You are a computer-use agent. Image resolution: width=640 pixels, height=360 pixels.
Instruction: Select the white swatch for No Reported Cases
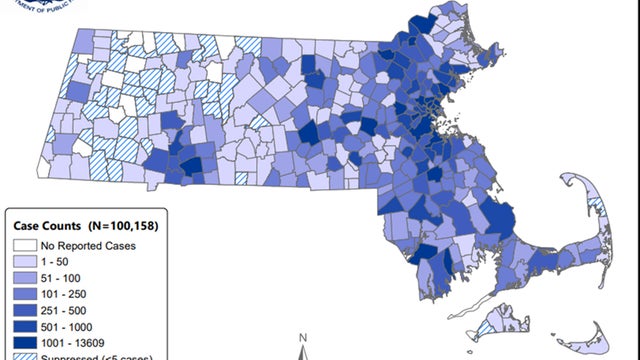22,244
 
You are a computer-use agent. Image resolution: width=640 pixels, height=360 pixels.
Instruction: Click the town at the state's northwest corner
86,40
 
